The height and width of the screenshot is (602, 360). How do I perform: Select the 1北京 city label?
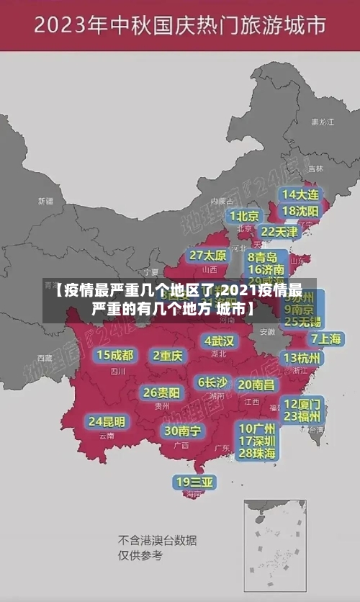(244, 216)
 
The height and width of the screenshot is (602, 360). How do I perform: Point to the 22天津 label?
(279, 232)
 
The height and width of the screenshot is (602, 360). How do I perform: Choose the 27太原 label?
(208, 256)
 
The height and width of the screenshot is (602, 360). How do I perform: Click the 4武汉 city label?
(219, 341)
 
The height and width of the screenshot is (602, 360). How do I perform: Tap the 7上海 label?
(325, 338)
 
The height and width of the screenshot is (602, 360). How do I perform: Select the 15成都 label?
(115, 355)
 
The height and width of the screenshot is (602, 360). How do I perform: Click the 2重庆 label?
(168, 355)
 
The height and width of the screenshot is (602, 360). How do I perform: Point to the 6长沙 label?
(213, 382)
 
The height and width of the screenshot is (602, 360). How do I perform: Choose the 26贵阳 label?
(161, 393)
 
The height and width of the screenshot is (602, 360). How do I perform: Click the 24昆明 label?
(107, 421)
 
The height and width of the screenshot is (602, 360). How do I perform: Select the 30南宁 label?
(182, 431)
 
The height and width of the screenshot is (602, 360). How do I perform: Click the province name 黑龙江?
(323, 122)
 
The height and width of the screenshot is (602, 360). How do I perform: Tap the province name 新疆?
(45, 201)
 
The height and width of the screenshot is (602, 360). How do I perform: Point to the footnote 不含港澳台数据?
(158, 540)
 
